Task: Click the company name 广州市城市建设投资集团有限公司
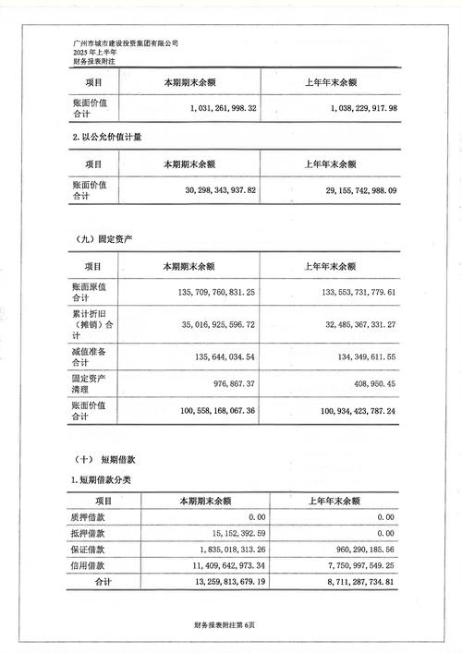tap(125, 42)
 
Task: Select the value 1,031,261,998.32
tap(213, 108)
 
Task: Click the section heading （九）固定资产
tap(101, 238)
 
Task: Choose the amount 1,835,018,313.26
tap(213, 549)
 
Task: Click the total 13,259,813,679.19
tap(212, 583)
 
